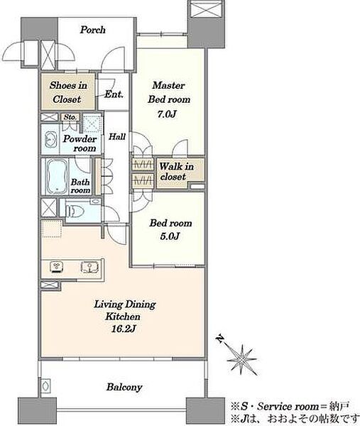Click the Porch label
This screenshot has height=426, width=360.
(92, 30)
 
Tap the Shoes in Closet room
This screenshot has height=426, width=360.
(68, 92)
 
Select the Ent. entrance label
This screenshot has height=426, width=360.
(114, 94)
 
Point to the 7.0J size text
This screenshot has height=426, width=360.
(167, 114)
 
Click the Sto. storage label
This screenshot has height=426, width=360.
(70, 117)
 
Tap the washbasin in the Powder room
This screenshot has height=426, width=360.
(50, 140)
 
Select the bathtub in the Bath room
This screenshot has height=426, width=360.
(57, 176)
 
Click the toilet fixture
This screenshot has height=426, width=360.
(74, 211)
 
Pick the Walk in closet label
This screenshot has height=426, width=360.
(176, 171)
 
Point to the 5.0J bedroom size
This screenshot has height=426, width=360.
(170, 236)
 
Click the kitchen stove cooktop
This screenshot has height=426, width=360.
(57, 267)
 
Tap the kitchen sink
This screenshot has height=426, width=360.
(89, 267)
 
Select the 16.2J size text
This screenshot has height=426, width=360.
(124, 329)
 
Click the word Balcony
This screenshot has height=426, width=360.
(124, 387)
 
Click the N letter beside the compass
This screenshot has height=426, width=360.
(219, 339)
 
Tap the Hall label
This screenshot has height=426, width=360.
(117, 136)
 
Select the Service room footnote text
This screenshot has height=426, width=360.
(290, 406)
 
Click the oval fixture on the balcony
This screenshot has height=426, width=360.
(45, 385)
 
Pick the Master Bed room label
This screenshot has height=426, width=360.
(169, 92)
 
